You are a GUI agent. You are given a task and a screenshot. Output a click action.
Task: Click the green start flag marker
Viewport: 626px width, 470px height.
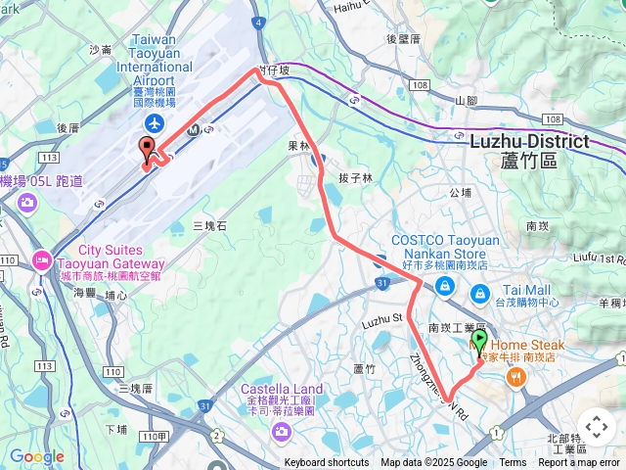[x=479, y=342]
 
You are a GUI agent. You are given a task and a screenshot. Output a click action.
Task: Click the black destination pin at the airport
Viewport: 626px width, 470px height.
[x=148, y=151]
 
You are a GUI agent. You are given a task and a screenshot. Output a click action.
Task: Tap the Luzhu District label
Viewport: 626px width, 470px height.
[x=529, y=141]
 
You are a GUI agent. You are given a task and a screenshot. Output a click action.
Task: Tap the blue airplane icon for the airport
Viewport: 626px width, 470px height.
[x=155, y=122]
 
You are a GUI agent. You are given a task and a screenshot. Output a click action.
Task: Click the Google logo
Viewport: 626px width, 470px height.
[x=36, y=456]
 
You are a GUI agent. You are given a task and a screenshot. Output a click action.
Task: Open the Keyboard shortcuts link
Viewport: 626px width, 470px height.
[x=327, y=463]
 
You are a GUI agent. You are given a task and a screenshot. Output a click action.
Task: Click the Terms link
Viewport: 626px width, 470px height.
[x=513, y=463]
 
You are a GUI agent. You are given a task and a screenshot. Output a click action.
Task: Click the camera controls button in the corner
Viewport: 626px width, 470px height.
[x=596, y=427]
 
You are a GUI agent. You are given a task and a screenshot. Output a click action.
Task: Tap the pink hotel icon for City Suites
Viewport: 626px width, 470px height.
[x=41, y=259]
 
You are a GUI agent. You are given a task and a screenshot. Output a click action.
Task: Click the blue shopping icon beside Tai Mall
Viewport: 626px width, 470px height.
[x=480, y=293]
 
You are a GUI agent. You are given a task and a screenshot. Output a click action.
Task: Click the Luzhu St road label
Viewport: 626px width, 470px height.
[x=382, y=319]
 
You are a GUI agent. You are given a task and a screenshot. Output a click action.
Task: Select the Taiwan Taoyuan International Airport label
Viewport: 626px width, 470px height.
[x=155, y=61]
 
